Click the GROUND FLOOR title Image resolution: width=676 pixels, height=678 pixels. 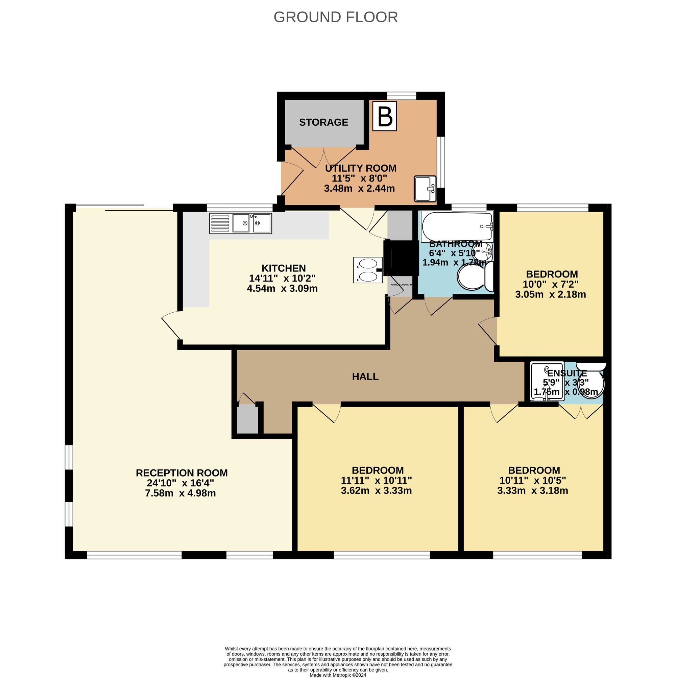pyautogui.click(x=336, y=17)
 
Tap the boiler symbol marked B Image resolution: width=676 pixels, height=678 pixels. pyautogui.click(x=384, y=116)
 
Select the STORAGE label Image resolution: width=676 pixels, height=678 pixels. pyautogui.click(x=323, y=122)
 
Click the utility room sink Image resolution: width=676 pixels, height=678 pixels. pyautogui.click(x=425, y=189)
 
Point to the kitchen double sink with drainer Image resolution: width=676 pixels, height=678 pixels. pyautogui.click(x=240, y=223)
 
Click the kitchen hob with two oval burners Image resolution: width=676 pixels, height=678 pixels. pyautogui.click(x=367, y=270)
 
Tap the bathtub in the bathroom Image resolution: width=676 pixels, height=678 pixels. pyautogui.click(x=457, y=226)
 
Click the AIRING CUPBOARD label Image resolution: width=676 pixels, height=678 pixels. pyautogui.click(x=401, y=285)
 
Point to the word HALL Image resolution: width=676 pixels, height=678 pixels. pyautogui.click(x=365, y=377)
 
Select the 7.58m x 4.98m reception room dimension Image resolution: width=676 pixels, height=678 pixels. pyautogui.click(x=180, y=493)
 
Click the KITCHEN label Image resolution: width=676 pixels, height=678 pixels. pyautogui.click(x=284, y=268)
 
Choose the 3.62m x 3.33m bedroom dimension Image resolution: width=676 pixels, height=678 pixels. pyautogui.click(x=376, y=490)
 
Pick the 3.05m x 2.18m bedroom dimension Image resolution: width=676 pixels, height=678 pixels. pyautogui.click(x=550, y=294)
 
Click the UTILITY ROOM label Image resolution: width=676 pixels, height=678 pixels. pyautogui.click(x=360, y=168)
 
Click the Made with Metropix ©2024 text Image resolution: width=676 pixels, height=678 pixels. pyautogui.click(x=338, y=675)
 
